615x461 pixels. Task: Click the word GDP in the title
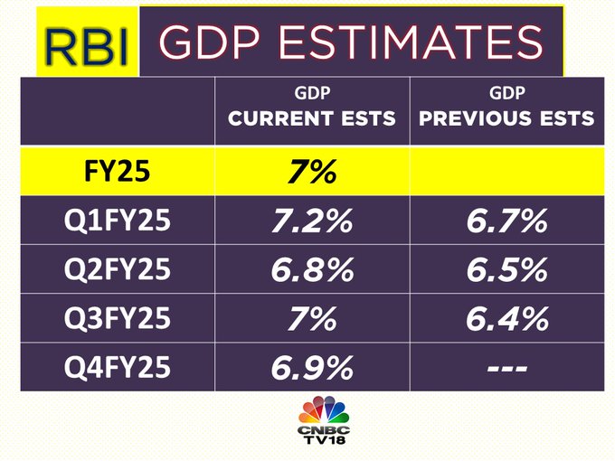211,42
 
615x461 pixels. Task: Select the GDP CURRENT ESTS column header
312,109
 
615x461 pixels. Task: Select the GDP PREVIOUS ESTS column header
506,109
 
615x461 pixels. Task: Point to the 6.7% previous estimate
506,221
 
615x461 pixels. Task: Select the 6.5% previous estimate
506,270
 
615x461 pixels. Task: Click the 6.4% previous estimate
506,318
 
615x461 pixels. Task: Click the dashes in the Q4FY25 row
506,368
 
